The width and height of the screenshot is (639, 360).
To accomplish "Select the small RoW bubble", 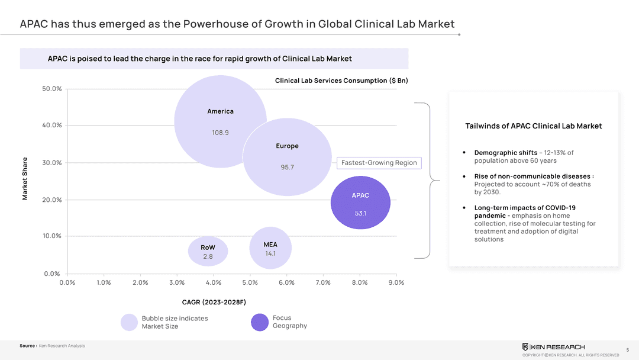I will pyautogui.click(x=208, y=251).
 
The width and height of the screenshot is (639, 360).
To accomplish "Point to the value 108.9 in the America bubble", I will pyautogui.click(x=220, y=133).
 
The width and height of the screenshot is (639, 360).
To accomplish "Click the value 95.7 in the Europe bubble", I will pyautogui.click(x=287, y=167).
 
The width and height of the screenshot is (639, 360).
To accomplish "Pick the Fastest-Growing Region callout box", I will pyautogui.click(x=379, y=163).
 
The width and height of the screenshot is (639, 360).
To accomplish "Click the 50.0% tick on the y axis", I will pyautogui.click(x=52, y=89).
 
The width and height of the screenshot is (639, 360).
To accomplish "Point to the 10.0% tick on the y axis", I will pyautogui.click(x=52, y=236).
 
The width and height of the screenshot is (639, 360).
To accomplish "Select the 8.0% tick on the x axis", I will pyautogui.click(x=360, y=282).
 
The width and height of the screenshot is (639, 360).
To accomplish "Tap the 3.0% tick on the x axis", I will pyautogui.click(x=177, y=282).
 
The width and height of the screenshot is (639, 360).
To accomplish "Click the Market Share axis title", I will pyautogui.click(x=25, y=178).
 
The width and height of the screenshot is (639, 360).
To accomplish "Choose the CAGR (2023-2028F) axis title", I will pyautogui.click(x=214, y=303).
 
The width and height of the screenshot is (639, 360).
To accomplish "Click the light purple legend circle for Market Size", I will pyautogui.click(x=129, y=322).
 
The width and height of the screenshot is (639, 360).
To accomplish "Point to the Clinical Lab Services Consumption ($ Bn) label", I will pyautogui.click(x=341, y=81).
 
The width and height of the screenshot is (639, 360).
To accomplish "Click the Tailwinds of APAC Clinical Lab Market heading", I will pyautogui.click(x=534, y=126).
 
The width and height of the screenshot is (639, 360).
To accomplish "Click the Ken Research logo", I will pyautogui.click(x=553, y=347).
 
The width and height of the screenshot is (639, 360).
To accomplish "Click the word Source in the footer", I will pyautogui.click(x=27, y=346).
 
